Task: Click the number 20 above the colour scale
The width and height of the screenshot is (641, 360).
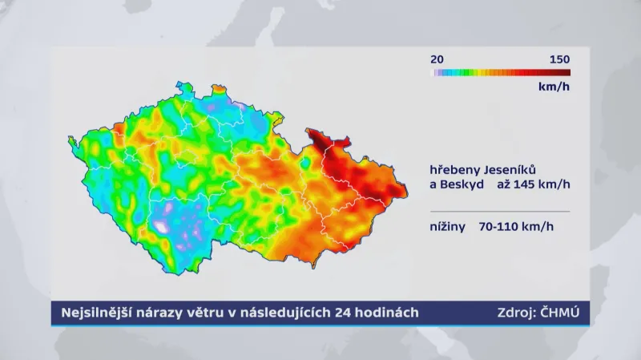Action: [437, 59]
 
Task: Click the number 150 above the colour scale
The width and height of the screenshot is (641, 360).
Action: [559, 59]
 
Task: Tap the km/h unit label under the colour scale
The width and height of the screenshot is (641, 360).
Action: [553, 86]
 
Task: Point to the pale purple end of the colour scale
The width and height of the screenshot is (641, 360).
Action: [435, 72]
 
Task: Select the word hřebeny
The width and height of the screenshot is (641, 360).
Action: [454, 170]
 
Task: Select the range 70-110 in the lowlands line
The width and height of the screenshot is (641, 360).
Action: [498, 226]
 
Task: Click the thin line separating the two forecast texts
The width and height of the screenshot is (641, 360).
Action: [499, 211]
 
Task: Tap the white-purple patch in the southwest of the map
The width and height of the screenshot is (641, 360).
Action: [162, 226]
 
